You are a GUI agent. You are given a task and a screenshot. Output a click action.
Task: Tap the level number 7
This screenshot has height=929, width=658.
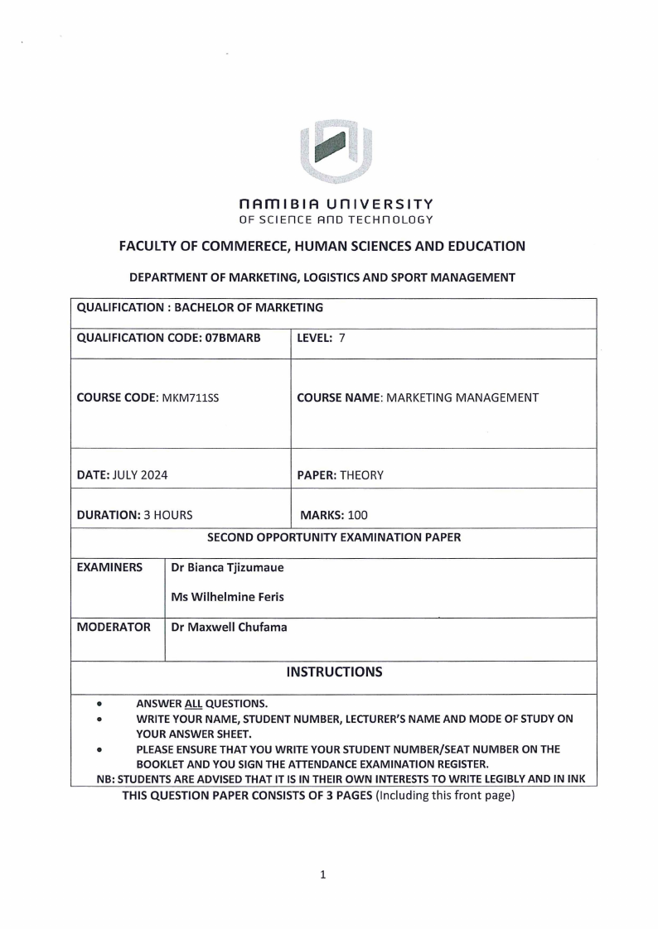coord(341,338)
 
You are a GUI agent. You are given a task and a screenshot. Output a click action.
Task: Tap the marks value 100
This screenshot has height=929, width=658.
coord(357,514)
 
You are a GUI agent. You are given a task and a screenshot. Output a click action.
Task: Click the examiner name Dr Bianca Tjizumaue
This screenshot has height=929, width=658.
coord(227,568)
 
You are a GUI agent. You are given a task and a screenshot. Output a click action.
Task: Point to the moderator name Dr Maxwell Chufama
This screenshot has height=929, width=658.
coord(229,627)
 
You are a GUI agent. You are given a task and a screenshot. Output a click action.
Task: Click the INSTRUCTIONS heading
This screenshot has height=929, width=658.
coord(334,671)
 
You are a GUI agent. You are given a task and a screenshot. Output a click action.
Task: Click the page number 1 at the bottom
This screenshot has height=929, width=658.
coord(323,874)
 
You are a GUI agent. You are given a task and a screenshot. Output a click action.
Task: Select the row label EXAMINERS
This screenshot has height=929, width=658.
coord(109,568)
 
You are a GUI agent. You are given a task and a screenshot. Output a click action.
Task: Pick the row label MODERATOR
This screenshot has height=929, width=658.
coord(114,627)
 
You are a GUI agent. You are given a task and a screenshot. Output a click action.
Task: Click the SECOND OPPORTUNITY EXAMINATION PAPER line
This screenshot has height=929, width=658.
coord(333,537)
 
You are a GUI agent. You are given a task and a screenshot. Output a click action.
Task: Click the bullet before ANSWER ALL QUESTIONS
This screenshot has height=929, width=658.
coord(99,705)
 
